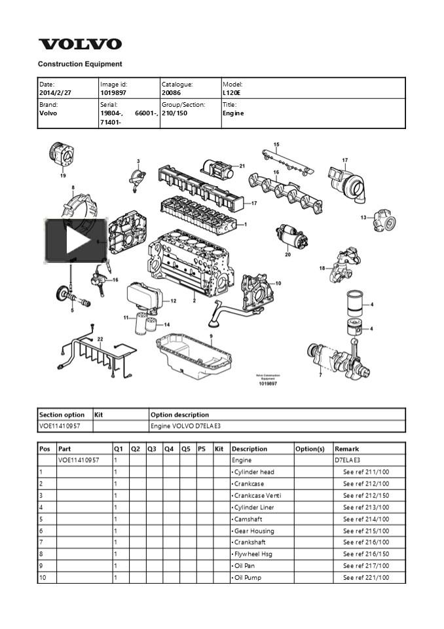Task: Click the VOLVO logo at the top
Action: click(80, 45)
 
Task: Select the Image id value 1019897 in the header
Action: click(113, 93)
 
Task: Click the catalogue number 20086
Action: click(171, 93)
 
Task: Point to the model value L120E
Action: click(233, 93)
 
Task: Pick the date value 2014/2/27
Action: click(55, 93)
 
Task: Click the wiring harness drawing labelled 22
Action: click(92, 357)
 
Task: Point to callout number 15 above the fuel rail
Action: click(276, 145)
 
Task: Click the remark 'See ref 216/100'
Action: click(365, 543)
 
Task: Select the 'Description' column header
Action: click(250, 449)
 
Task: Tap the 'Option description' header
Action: click(179, 415)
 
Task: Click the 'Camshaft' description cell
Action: click(249, 519)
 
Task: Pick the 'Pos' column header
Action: click(45, 449)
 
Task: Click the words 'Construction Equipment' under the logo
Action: click(80, 64)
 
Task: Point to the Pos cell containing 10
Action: click(43, 578)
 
